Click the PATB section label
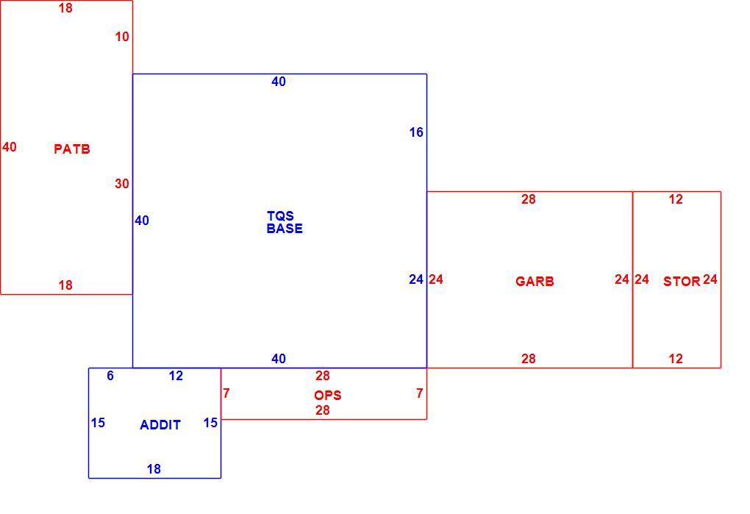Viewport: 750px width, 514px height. click(x=72, y=149)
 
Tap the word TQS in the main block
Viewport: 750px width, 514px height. click(x=280, y=215)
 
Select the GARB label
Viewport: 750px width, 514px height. click(x=535, y=281)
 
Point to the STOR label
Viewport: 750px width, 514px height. click(x=682, y=281)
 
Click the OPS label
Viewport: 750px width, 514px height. click(x=328, y=396)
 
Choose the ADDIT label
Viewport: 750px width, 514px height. click(x=160, y=424)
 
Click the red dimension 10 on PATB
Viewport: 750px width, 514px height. click(x=122, y=36)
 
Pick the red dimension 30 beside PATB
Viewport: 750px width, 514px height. click(x=122, y=184)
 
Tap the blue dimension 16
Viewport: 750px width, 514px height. click(x=416, y=132)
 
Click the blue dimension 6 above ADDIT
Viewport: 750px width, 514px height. click(x=110, y=376)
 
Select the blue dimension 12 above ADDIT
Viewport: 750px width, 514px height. click(x=176, y=376)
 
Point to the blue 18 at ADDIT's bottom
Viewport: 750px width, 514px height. click(x=154, y=469)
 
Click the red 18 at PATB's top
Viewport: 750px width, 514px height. click(x=65, y=8)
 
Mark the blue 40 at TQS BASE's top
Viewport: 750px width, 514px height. click(x=279, y=82)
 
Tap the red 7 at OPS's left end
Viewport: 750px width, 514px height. click(x=226, y=393)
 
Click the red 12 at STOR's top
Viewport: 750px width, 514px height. click(x=676, y=199)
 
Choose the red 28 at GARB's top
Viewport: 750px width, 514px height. click(x=529, y=199)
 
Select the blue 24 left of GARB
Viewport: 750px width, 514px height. click(x=416, y=279)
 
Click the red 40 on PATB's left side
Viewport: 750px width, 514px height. click(x=9, y=147)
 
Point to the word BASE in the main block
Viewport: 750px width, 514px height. click(x=285, y=229)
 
